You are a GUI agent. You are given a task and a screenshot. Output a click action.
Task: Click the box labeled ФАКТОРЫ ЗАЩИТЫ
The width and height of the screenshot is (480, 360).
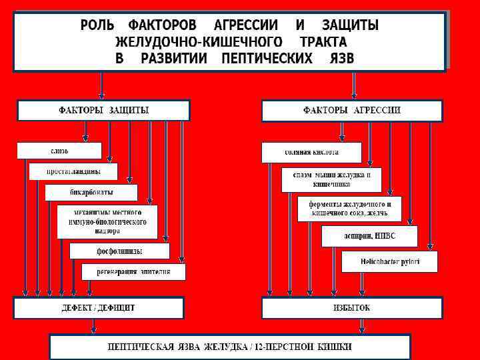point(103,110)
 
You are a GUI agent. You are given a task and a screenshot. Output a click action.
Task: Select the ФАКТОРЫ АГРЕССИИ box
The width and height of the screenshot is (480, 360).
point(351,110)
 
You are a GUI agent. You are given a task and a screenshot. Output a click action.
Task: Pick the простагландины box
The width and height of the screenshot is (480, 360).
point(73,171)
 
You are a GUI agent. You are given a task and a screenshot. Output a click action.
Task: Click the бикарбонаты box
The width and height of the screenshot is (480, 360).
point(91,193)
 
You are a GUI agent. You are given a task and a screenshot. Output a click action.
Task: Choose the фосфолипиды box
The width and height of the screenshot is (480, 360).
point(119,251)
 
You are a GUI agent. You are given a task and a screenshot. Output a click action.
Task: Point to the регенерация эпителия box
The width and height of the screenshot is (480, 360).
point(133,271)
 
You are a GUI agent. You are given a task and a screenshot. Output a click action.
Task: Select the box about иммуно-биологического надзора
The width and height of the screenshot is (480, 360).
point(107,222)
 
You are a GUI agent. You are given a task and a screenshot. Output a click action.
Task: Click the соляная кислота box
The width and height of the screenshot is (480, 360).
point(311,152)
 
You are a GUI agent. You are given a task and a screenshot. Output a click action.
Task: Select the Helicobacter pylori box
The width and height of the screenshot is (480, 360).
point(389,261)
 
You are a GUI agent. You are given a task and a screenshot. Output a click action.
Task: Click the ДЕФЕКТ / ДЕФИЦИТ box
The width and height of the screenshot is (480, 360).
point(99,308)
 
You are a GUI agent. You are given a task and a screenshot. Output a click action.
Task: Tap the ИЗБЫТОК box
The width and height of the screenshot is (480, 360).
point(351,308)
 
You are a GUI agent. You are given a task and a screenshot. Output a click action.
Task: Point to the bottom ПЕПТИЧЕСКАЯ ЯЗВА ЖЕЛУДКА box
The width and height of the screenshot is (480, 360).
point(230,347)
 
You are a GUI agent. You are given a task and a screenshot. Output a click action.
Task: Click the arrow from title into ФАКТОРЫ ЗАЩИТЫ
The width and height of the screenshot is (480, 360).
point(101,85)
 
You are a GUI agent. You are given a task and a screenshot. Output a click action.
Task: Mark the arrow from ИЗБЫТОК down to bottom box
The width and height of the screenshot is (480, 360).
point(361,325)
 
